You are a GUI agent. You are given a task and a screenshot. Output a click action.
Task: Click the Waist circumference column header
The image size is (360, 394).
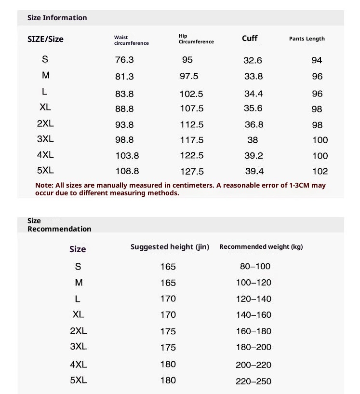[131, 40]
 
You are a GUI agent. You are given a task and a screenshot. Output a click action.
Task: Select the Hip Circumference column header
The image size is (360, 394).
[196, 39]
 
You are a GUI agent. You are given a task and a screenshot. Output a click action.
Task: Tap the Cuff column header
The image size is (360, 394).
[250, 38]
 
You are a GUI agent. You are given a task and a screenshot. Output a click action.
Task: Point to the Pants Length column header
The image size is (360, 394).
[307, 39]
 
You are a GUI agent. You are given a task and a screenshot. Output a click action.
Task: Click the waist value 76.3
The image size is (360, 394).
[124, 60]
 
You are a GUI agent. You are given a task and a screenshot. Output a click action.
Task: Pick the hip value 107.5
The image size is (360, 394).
[192, 109]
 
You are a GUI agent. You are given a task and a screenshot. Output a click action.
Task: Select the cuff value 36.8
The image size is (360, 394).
[254, 124]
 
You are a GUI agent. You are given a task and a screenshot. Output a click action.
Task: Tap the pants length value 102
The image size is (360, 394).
[320, 171]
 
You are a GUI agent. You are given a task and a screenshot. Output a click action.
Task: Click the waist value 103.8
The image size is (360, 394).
[127, 156]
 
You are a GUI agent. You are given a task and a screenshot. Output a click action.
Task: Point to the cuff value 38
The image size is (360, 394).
[253, 140]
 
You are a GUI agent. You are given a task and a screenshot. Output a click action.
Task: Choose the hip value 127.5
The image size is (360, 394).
[192, 171]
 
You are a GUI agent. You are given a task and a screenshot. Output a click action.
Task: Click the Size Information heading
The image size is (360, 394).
[57, 18]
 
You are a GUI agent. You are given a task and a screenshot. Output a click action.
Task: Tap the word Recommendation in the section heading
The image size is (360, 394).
[59, 229]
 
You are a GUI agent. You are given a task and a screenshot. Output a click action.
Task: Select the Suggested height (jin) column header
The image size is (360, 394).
[170, 247]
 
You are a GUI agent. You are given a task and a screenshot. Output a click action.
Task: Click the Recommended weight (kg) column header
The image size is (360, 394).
[261, 247]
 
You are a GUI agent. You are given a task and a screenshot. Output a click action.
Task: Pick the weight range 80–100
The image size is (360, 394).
[255, 266]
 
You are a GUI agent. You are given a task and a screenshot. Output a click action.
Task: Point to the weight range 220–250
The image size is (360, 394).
[253, 381]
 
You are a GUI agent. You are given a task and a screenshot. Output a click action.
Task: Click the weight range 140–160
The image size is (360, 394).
[253, 315]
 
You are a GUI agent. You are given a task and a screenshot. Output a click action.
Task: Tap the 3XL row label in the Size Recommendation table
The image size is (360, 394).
[78, 346]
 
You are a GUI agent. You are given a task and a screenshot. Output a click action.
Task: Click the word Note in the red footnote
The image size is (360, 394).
[44, 185]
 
